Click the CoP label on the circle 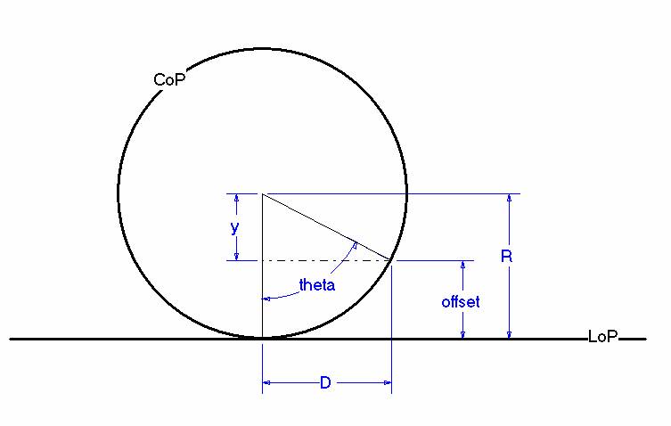coord(169,79)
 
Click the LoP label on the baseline coord(603,337)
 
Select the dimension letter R coord(506,257)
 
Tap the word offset coord(461,302)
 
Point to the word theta coord(316,284)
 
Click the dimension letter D coord(325,382)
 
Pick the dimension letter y coord(234,227)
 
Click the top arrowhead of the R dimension coord(509,197)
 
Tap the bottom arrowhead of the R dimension coord(509,335)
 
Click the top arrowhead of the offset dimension coord(462,265)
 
